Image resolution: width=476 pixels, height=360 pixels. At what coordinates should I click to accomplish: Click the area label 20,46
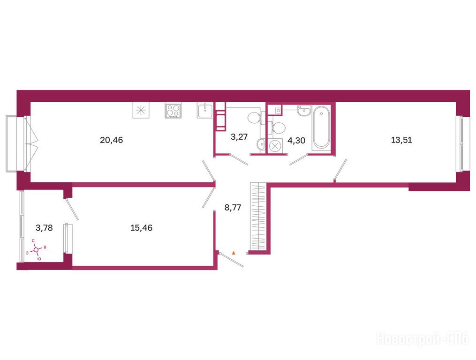pyautogui.click(x=112, y=140)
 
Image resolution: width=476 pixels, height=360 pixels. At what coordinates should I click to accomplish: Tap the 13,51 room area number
pyautogui.click(x=401, y=140)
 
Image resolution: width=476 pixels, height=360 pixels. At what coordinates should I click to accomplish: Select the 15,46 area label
pyautogui.click(x=142, y=228)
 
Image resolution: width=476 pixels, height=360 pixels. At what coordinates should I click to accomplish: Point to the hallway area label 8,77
pyautogui.click(x=233, y=208)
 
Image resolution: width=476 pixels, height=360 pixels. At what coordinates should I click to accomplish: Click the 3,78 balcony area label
pyautogui.click(x=45, y=228)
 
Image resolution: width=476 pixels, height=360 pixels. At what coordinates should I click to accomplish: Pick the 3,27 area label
pyautogui.click(x=239, y=137)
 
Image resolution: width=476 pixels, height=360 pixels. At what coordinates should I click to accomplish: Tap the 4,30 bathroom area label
pyautogui.click(x=296, y=141)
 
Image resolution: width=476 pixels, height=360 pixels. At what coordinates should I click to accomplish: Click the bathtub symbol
pyautogui.click(x=321, y=127)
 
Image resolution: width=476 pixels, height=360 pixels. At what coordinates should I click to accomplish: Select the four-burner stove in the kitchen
pyautogui.click(x=174, y=111)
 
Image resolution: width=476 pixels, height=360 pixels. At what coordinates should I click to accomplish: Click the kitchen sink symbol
pyautogui.click(x=205, y=110)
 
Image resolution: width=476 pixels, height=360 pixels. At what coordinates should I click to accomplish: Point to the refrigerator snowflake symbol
pyautogui.click(x=141, y=110)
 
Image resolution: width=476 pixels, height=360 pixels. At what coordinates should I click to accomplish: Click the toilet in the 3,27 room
pyautogui.click(x=254, y=118)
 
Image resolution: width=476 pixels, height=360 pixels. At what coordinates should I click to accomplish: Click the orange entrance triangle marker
pyautogui.click(x=234, y=252)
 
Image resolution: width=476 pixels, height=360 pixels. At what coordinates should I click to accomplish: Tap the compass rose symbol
pyautogui.click(x=36, y=250)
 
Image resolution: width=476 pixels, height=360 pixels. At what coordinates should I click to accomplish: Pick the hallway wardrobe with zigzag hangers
pyautogui.click(x=258, y=217)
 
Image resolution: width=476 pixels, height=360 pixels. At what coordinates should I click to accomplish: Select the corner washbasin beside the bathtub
pyautogui.click(x=304, y=110)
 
